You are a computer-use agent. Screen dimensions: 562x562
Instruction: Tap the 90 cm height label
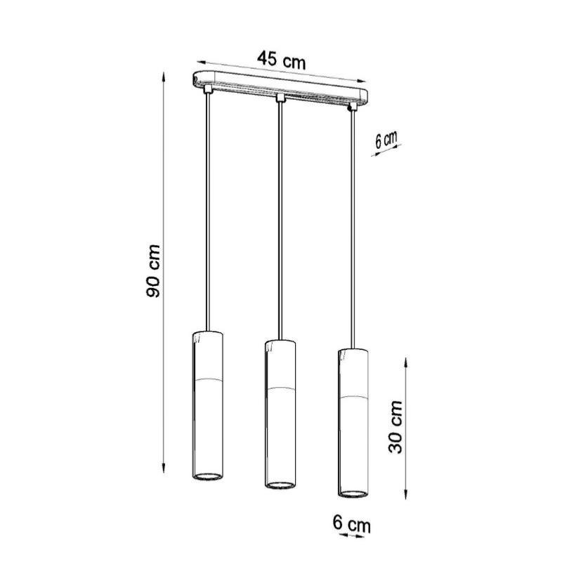pyautogui.click(x=155, y=270)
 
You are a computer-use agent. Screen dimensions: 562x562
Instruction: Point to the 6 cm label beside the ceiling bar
pyautogui.click(x=386, y=139)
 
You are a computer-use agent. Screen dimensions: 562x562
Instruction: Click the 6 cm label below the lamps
pyautogui.click(x=351, y=523)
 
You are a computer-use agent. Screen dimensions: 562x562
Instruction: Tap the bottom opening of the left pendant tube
pyautogui.click(x=207, y=477)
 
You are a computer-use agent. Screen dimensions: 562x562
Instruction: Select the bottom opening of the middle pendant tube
pyautogui.click(x=280, y=484)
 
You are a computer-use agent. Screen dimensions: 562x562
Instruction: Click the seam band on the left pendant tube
pyautogui.click(x=207, y=380)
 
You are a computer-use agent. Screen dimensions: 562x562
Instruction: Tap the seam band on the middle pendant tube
pyautogui.click(x=280, y=388)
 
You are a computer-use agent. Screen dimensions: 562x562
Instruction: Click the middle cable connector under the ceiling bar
pyautogui.click(x=280, y=98)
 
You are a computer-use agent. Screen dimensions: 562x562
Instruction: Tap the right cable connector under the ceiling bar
pyautogui.click(x=352, y=107)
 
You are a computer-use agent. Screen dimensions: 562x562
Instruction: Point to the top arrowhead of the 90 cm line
pyautogui.click(x=164, y=73)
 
